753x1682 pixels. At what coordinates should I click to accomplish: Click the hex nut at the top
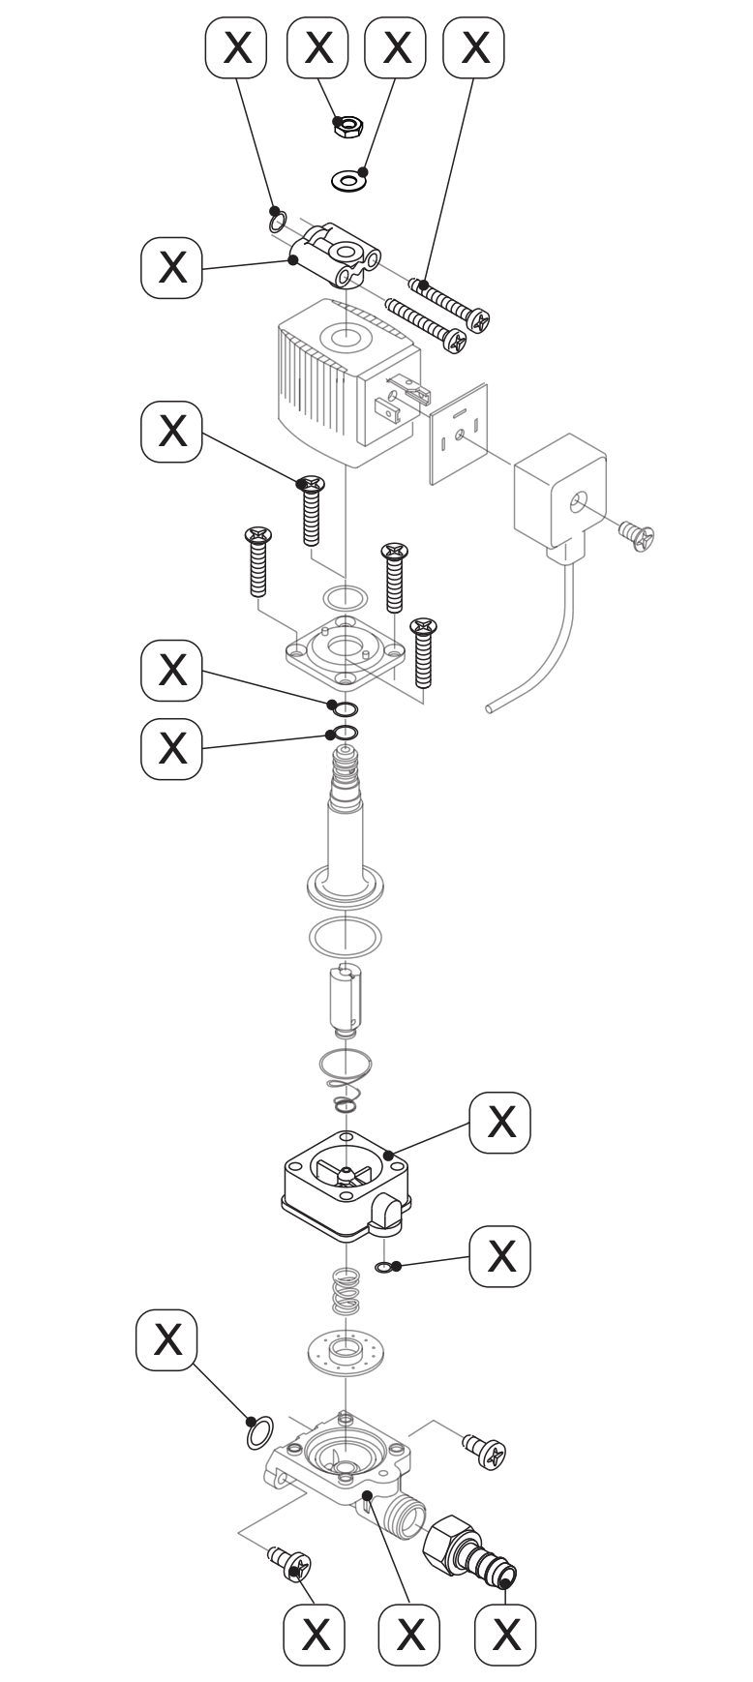point(347,125)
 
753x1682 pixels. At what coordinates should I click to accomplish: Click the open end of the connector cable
point(490,709)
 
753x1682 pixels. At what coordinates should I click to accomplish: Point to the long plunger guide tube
point(344,832)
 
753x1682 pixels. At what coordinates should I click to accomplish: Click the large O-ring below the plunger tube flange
point(344,936)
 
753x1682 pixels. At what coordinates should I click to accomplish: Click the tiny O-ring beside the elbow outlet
point(384,1267)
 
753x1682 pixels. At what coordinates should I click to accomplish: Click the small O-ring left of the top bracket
point(277,222)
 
